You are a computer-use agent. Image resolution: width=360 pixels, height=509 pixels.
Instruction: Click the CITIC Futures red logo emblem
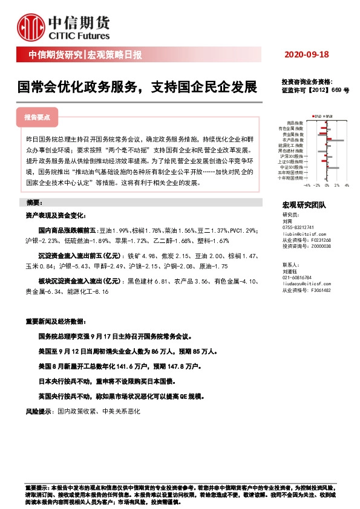click(x=31, y=25)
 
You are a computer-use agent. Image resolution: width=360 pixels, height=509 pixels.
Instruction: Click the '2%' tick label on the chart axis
click(x=336, y=186)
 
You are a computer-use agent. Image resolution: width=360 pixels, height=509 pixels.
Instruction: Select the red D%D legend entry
click(x=315, y=115)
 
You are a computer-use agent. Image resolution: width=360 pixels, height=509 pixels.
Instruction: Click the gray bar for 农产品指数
click(x=335, y=140)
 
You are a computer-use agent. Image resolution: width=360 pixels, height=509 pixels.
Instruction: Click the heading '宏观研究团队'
click(x=304, y=206)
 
